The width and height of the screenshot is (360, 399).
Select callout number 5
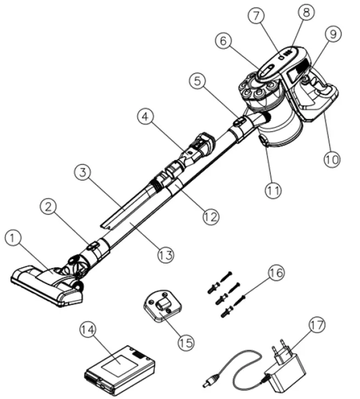(x=198, y=81)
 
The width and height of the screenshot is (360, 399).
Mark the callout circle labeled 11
(x=273, y=190)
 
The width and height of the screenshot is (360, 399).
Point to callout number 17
(x=316, y=325)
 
